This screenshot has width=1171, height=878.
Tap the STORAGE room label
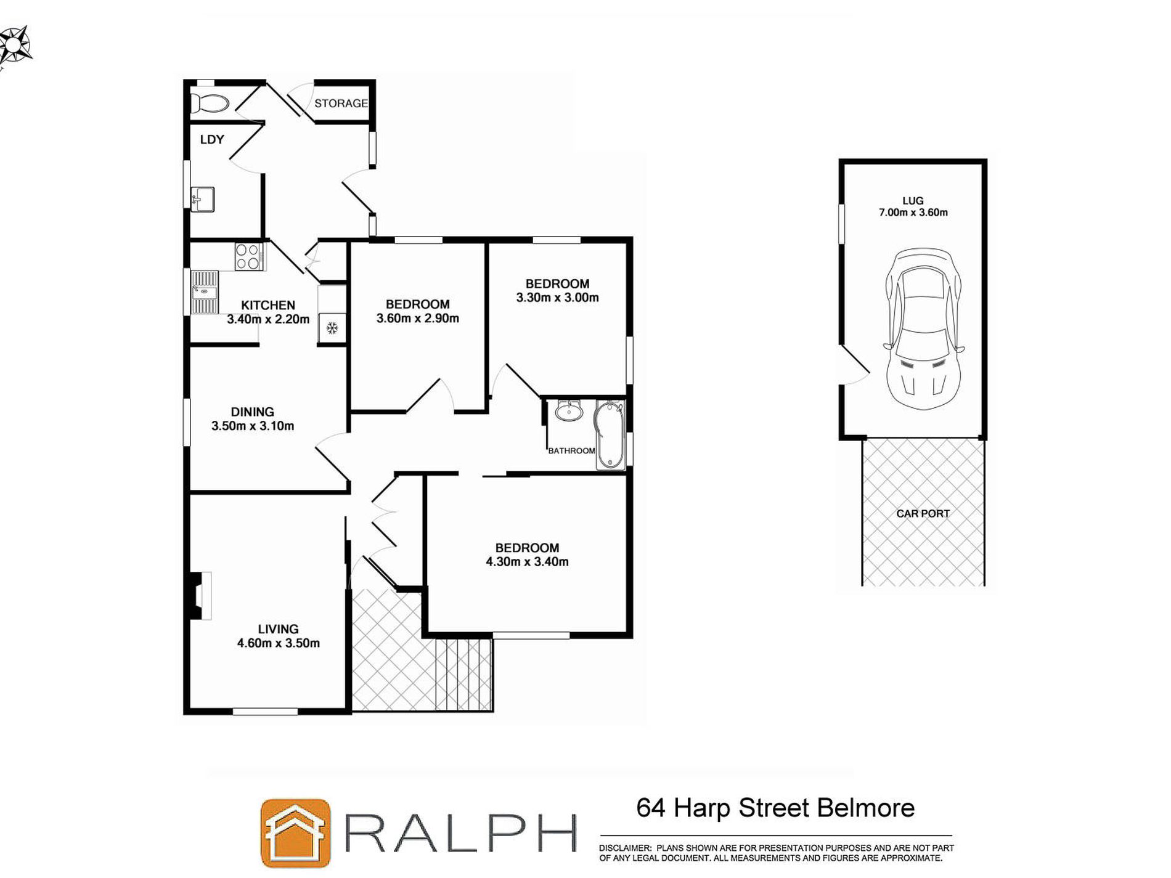click(x=341, y=104)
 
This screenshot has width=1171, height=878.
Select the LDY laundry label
click(x=211, y=139)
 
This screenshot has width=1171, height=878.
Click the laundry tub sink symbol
click(x=203, y=199)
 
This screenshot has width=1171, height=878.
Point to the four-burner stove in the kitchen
click(x=248, y=256)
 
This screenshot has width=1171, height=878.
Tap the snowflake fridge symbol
click(x=332, y=328)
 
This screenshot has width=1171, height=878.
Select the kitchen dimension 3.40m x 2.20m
click(x=268, y=319)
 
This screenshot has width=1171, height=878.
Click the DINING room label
click(x=252, y=412)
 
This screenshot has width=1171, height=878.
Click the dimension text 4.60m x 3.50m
click(x=279, y=643)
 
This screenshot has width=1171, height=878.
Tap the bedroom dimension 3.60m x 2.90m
click(x=417, y=319)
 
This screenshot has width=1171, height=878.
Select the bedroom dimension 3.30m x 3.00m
click(x=557, y=298)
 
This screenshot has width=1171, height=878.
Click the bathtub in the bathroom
click(x=610, y=435)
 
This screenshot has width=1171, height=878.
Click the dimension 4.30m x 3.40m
click(x=527, y=562)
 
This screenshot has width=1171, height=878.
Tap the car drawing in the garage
click(x=923, y=330)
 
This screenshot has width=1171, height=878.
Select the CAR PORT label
click(x=923, y=513)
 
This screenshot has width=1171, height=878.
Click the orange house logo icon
click(x=295, y=833)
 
